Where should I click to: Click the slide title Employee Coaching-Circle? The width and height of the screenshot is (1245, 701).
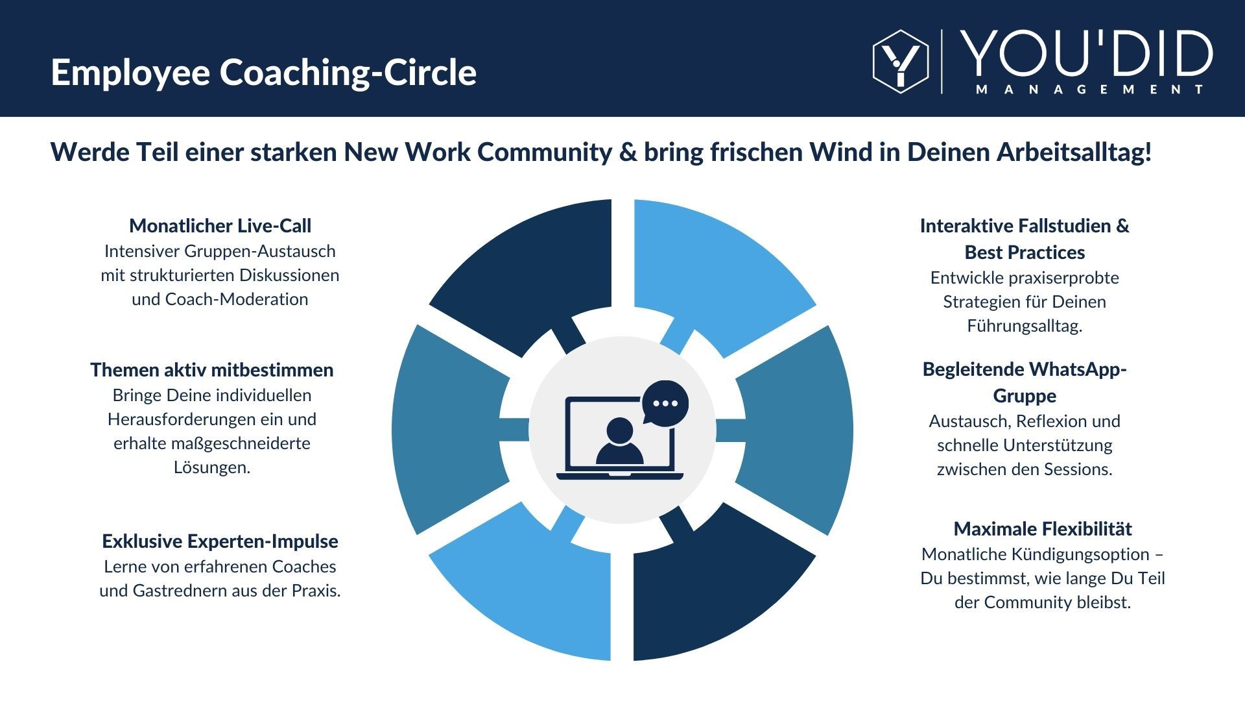click(263, 72)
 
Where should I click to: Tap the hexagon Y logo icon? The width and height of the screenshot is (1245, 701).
click(900, 62)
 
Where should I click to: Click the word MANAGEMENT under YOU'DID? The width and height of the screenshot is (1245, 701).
click(1089, 90)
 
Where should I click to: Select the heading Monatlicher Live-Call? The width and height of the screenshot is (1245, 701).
click(220, 226)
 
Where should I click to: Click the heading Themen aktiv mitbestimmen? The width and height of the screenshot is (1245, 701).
click(211, 370)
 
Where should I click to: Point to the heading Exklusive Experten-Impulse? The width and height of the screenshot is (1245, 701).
click(220, 541)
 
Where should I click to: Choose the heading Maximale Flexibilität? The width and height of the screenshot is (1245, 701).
click(1042, 529)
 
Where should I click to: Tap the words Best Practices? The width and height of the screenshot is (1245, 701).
click(1025, 252)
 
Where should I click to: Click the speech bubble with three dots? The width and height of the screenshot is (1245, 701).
click(665, 402)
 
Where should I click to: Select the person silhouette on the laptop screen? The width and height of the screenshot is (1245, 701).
click(620, 441)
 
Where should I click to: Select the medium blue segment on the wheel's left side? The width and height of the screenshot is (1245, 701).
click(447, 430)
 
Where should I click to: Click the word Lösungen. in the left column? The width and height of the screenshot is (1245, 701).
click(211, 467)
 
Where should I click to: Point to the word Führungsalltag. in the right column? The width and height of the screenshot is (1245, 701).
click(1025, 326)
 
